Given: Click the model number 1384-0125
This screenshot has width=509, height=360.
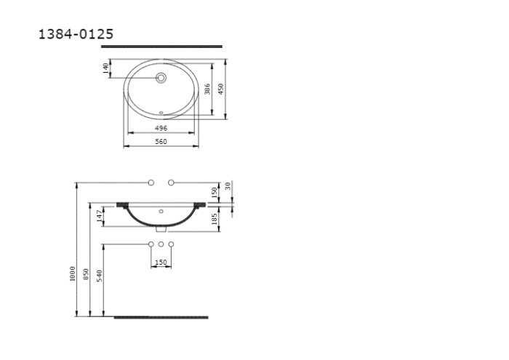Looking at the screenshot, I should [76, 34].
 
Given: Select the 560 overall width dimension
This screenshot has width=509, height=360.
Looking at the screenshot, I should [161, 142].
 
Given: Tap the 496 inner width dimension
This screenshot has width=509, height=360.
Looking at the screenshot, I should [161, 128].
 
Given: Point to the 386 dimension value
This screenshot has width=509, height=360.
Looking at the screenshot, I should [207, 89].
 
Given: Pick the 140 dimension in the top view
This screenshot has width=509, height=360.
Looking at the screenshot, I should [106, 67].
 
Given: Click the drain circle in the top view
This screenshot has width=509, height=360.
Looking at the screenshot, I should [161, 77].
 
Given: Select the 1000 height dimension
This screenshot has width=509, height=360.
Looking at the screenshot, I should [73, 273].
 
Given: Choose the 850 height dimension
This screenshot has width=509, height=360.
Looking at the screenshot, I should [86, 274].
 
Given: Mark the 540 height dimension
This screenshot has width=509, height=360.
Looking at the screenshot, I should [100, 276].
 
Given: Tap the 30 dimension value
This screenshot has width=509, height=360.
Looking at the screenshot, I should [228, 187].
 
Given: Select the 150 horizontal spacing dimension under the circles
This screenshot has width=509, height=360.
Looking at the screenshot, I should [161, 263].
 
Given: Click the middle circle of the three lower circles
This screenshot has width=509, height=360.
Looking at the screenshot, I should [161, 244].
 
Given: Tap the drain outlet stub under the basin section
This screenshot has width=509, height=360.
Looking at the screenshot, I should [161, 228].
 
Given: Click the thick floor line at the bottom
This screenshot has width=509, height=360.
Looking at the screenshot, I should [161, 317].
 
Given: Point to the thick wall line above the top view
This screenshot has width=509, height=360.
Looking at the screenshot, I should [161, 46].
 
